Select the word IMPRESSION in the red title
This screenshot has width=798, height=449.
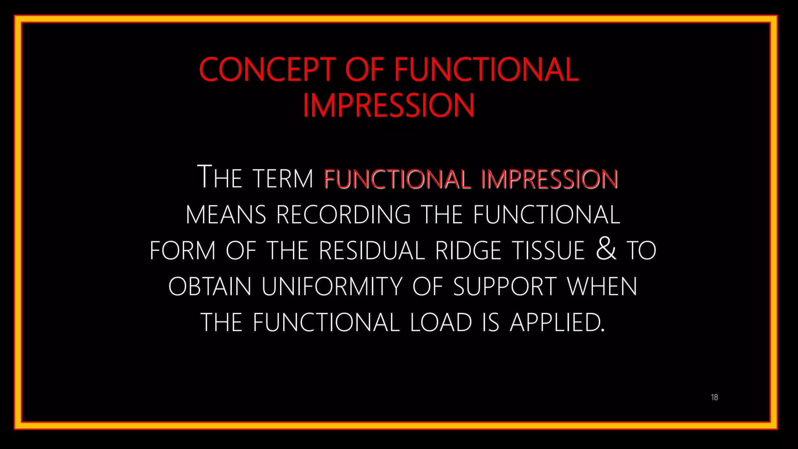388,105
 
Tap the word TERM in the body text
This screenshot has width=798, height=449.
283,179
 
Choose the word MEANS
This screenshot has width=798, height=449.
226,215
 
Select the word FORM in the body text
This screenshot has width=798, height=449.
183,251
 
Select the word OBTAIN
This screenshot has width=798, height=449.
210,286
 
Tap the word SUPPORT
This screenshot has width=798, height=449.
505,286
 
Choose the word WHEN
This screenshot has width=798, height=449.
602,286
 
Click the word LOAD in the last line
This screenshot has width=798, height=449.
441,323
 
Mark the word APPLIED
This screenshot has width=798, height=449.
557,323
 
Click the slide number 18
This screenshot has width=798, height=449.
714,397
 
